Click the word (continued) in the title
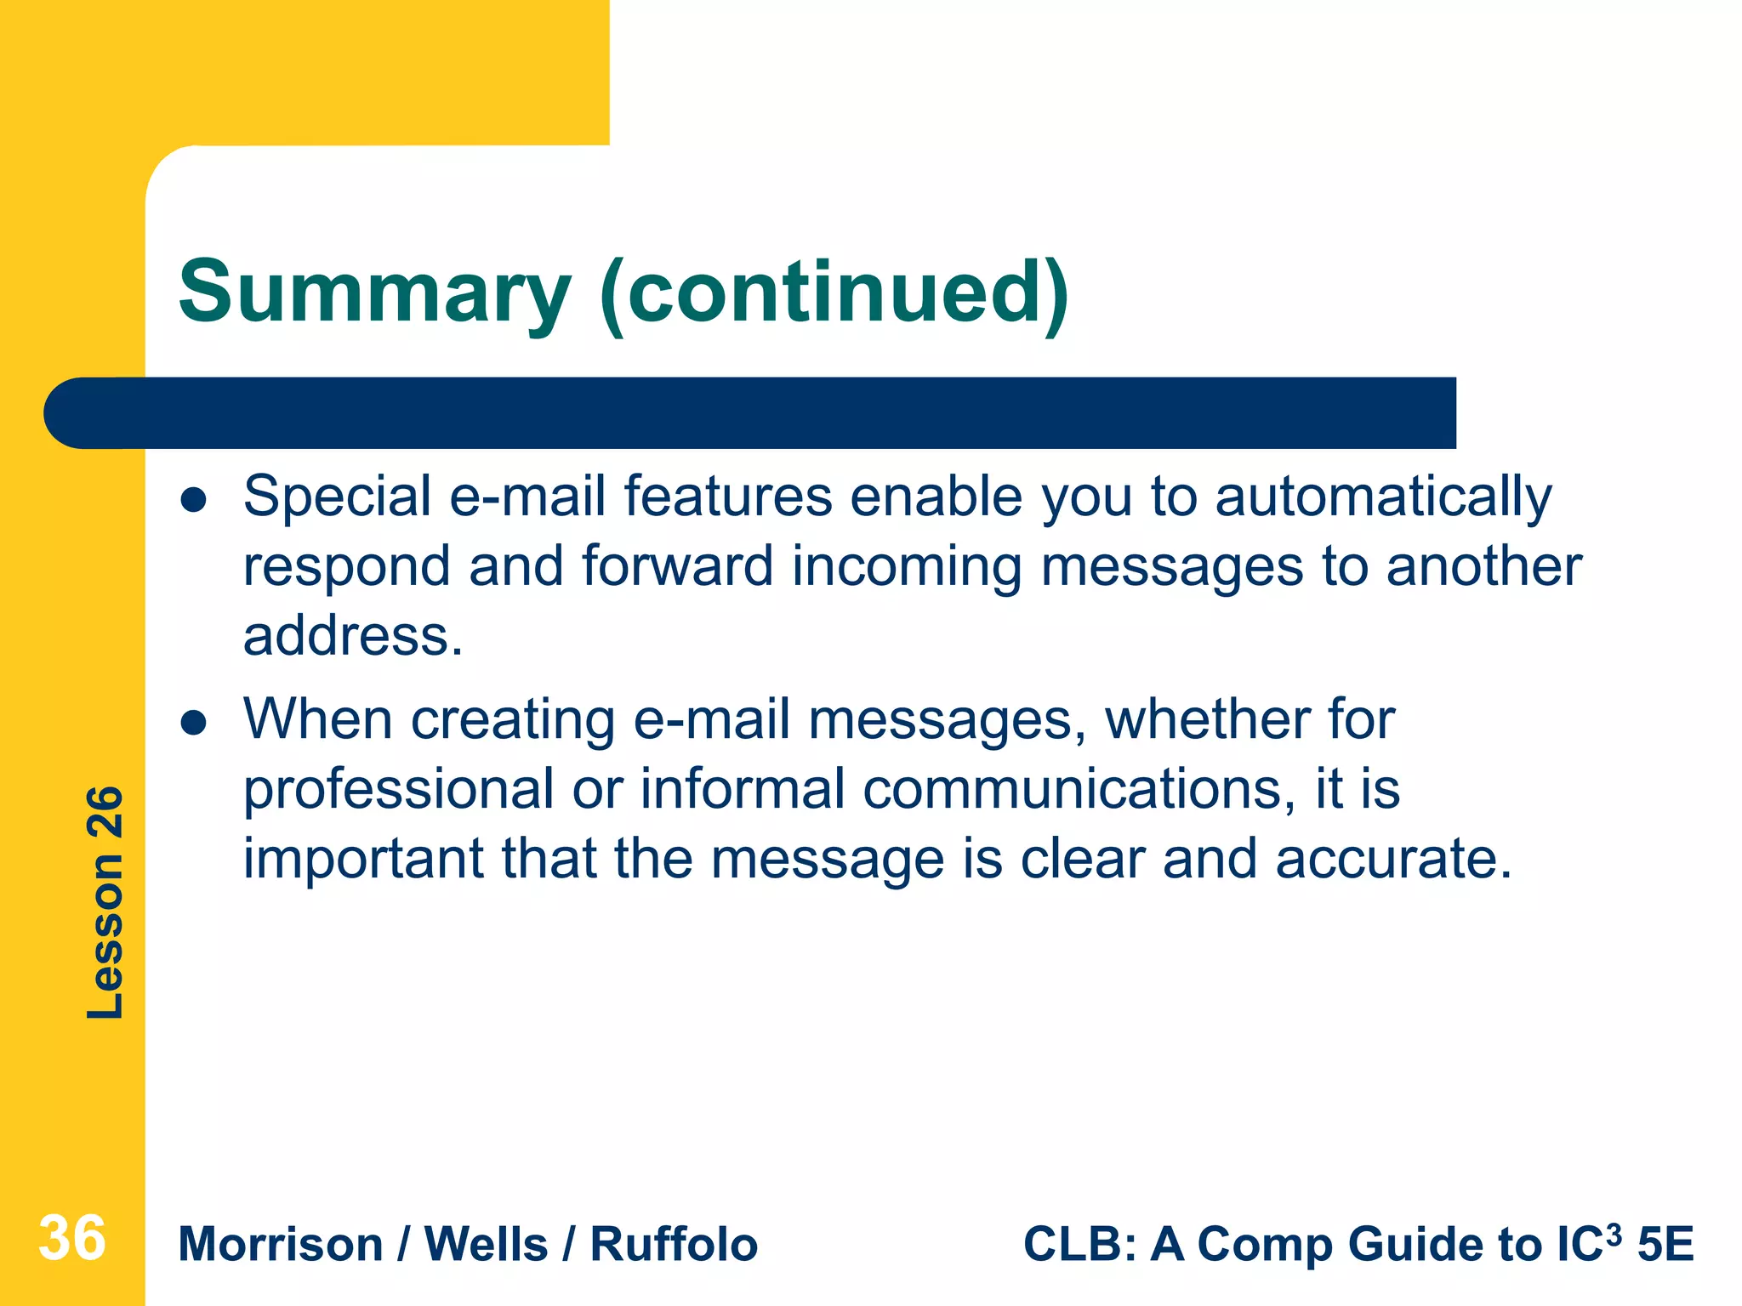coord(834,293)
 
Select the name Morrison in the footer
coord(281,1245)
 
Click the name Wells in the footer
coord(486,1245)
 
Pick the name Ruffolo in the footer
coord(674,1245)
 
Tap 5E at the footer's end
coord(1665,1245)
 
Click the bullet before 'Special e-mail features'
coord(194,500)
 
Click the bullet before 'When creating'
coord(194,723)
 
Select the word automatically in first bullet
coord(1383,497)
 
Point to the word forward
coord(677,566)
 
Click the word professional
coord(398,790)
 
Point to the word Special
coord(337,497)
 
